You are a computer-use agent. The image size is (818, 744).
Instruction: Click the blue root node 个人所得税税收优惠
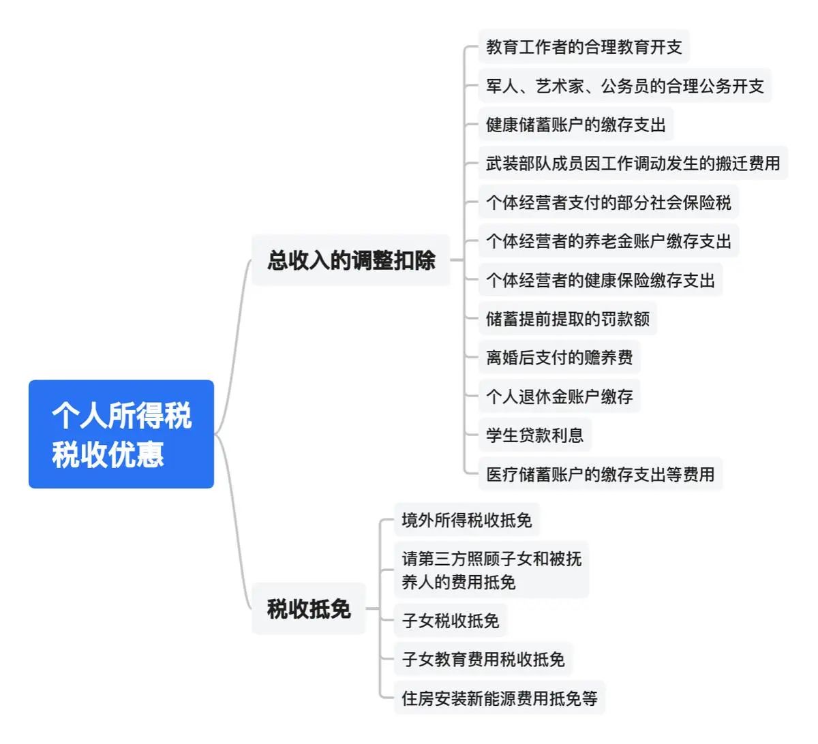click(x=121, y=434)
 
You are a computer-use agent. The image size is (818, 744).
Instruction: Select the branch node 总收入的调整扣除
click(x=350, y=260)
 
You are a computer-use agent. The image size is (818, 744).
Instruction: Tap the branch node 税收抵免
click(x=309, y=608)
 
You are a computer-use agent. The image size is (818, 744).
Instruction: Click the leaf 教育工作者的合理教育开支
click(x=584, y=46)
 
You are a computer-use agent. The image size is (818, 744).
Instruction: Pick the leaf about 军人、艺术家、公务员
click(x=624, y=86)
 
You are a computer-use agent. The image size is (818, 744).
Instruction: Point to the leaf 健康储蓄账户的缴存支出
click(x=576, y=124)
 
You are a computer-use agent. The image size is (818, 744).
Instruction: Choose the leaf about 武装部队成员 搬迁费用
click(x=633, y=163)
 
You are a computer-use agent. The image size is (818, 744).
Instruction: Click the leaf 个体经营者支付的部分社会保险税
click(x=609, y=202)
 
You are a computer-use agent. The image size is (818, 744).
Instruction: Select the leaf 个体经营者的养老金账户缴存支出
click(x=609, y=241)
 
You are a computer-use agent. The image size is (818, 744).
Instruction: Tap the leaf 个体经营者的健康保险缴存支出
click(x=601, y=280)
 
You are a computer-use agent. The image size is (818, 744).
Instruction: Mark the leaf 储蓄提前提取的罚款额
click(x=568, y=319)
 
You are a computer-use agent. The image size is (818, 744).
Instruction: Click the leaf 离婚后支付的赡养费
click(x=559, y=358)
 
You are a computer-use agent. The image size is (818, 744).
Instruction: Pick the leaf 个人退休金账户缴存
click(x=559, y=397)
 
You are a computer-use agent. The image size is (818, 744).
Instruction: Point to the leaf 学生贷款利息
click(x=534, y=435)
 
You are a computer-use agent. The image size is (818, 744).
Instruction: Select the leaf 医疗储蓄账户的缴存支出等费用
click(x=601, y=474)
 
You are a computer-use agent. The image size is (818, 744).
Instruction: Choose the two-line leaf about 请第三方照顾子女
click(x=491, y=570)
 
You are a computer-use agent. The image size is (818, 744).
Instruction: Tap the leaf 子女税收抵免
click(x=450, y=621)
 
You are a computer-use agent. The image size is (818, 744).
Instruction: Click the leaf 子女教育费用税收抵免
click(x=483, y=660)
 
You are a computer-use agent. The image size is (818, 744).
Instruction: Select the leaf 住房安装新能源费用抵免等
click(x=500, y=698)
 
